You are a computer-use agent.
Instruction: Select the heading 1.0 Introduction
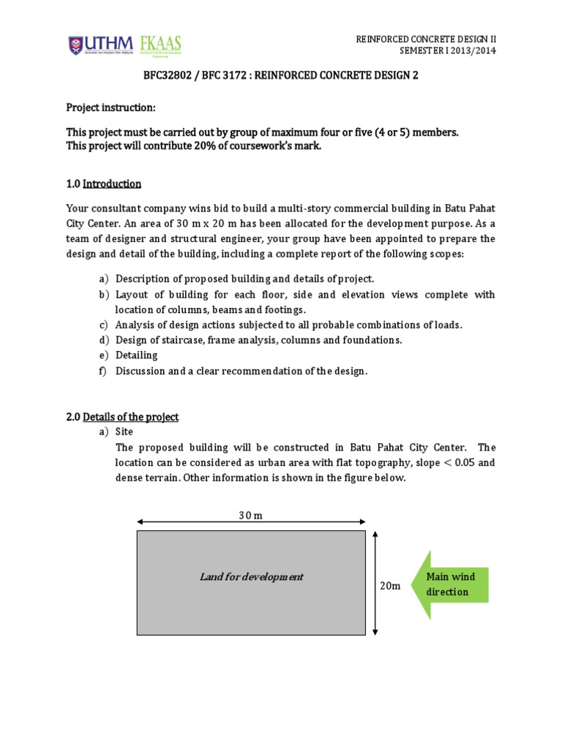104,184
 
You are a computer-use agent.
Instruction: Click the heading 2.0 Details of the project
122,417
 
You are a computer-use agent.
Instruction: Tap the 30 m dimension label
250,515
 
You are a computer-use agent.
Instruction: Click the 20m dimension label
390,586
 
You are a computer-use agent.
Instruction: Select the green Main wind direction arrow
448,584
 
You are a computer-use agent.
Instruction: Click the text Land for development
251,576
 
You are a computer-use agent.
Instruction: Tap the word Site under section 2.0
125,432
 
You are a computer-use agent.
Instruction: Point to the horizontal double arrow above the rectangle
251,522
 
